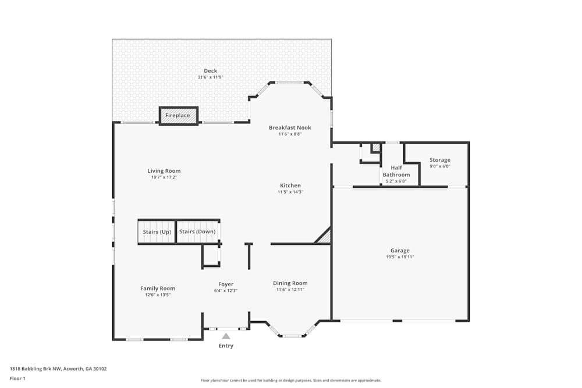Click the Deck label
pyautogui.click(x=210, y=71)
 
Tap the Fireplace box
pyautogui.click(x=178, y=116)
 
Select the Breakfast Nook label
pyautogui.click(x=290, y=127)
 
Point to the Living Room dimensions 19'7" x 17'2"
pyautogui.click(x=164, y=177)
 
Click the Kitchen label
pyautogui.click(x=290, y=186)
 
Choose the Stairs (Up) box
pyautogui.click(x=157, y=232)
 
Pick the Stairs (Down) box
pyautogui.click(x=197, y=232)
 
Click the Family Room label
pyautogui.click(x=158, y=289)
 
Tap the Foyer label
pyautogui.click(x=226, y=284)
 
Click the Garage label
pyautogui.click(x=400, y=251)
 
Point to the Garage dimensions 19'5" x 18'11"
pyautogui.click(x=400, y=257)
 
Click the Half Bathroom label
pyautogui.click(x=396, y=171)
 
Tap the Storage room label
pyautogui.click(x=440, y=160)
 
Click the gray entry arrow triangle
pyautogui.click(x=226, y=336)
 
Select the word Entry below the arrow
pyautogui.click(x=226, y=346)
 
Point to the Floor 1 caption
pyautogui.click(x=17, y=378)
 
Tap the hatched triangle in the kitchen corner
pyautogui.click(x=324, y=237)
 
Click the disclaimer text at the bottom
pyautogui.click(x=291, y=380)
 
